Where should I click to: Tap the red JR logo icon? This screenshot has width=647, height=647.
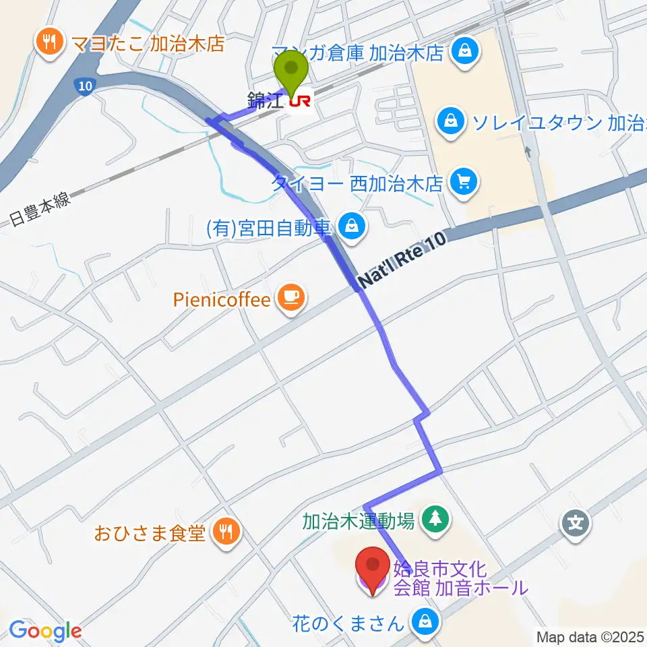(300, 101)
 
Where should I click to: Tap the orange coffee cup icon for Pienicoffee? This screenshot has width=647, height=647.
(291, 299)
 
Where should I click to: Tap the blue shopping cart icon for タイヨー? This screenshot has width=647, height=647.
(462, 181)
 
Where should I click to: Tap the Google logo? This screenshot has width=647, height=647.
(45, 631)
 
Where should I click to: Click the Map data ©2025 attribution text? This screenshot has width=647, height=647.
(590, 636)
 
